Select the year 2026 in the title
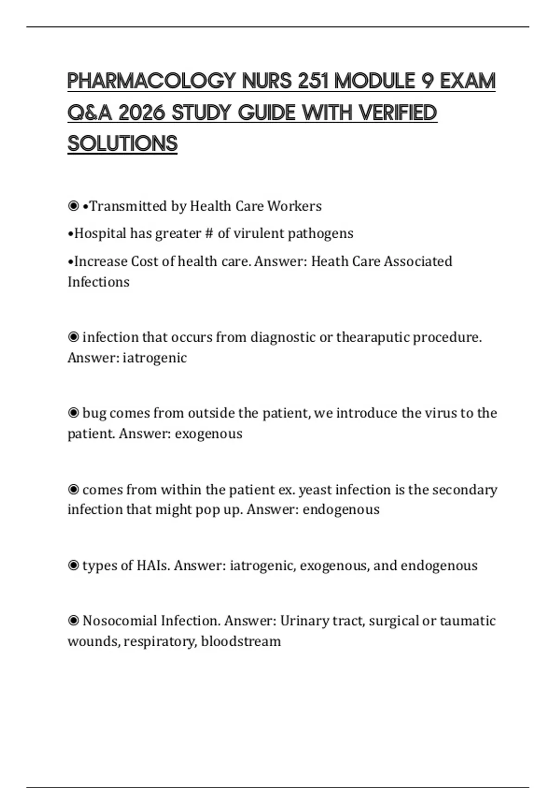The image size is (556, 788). (x=142, y=113)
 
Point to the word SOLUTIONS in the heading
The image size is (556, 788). (x=123, y=144)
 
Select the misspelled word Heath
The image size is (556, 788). (x=329, y=261)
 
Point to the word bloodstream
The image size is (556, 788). (x=241, y=642)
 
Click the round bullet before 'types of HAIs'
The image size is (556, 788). (x=73, y=566)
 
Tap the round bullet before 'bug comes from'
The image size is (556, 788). (x=73, y=413)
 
